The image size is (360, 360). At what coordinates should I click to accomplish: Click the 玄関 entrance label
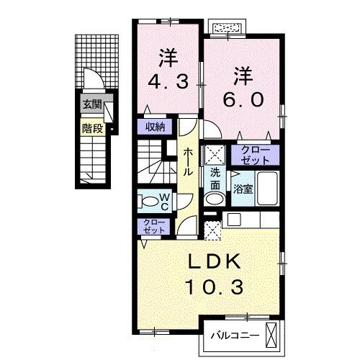click(91, 104)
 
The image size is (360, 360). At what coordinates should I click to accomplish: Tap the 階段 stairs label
click(91, 130)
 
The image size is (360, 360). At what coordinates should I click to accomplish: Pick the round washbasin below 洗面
click(214, 199)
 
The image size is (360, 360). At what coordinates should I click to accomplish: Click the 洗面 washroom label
click(215, 178)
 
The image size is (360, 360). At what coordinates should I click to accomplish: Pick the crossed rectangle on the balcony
click(271, 334)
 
